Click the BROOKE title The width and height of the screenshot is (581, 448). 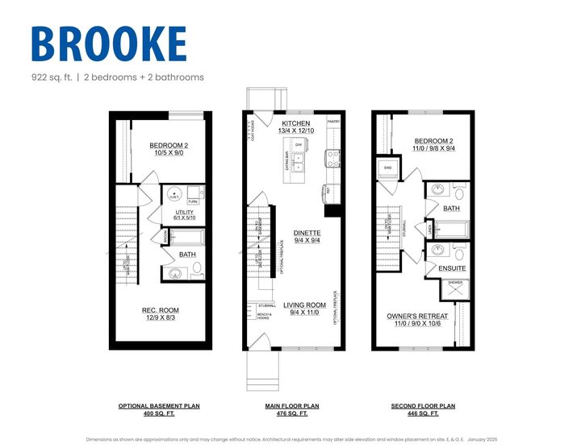[x=109, y=44]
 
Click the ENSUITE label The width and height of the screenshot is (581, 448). [x=451, y=268]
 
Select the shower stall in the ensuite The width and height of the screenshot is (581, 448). [x=456, y=288]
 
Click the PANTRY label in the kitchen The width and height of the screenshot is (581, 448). [x=334, y=121]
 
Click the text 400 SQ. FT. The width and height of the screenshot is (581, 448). [x=159, y=414]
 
